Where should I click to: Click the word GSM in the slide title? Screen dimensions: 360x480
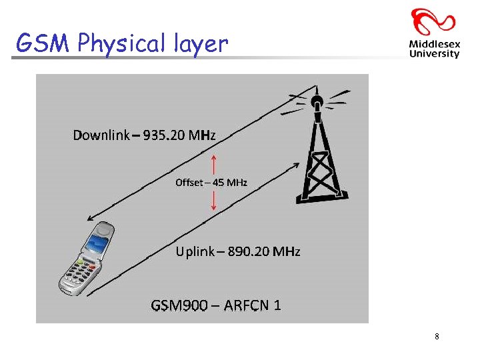point(43,43)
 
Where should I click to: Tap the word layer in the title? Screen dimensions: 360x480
point(199,45)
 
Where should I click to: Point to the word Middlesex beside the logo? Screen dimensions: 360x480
point(434,45)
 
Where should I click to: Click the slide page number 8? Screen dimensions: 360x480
point(437,337)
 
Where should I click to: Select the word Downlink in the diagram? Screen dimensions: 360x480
point(101,136)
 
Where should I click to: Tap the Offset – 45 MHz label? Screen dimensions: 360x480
point(211,183)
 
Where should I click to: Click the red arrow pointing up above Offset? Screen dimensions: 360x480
point(213,163)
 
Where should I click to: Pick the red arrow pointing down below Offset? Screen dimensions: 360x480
point(213,201)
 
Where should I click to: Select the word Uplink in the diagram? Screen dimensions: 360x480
point(196,252)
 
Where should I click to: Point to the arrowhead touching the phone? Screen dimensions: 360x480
point(91,218)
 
